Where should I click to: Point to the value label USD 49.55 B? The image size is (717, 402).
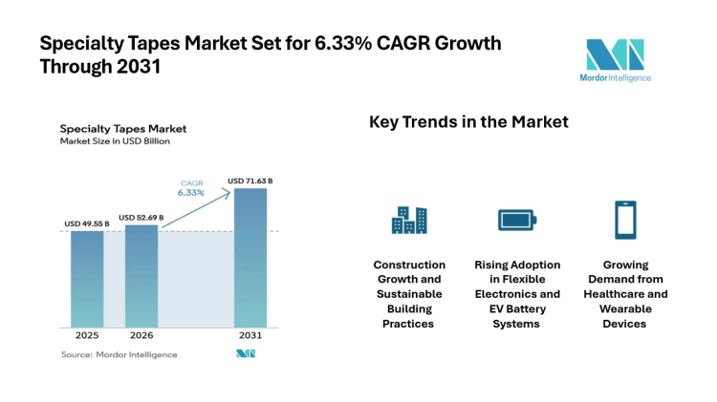pyautogui.click(x=87, y=223)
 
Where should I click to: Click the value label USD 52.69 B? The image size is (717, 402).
pyautogui.click(x=141, y=218)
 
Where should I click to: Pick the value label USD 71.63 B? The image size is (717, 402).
pyautogui.click(x=250, y=180)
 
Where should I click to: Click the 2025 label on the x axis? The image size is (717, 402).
pyautogui.click(x=87, y=335)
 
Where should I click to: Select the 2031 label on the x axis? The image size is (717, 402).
pyautogui.click(x=250, y=335)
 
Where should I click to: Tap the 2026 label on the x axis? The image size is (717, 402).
pyautogui.click(x=141, y=335)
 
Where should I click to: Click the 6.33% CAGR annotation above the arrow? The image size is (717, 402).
pyautogui.click(x=191, y=192)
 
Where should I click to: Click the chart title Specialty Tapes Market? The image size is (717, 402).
pyautogui.click(x=122, y=128)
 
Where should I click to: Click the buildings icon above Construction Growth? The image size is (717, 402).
pyautogui.click(x=409, y=220)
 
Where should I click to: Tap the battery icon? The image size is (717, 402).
pyautogui.click(x=517, y=221)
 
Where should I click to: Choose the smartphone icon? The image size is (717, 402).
pyautogui.click(x=625, y=220)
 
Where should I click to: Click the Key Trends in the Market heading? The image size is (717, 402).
pyautogui.click(x=468, y=122)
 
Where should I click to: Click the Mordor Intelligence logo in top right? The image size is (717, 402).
pyautogui.click(x=615, y=59)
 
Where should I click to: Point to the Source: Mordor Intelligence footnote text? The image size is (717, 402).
pyautogui.click(x=119, y=354)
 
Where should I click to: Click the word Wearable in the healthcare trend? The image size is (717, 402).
pyautogui.click(x=625, y=309)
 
